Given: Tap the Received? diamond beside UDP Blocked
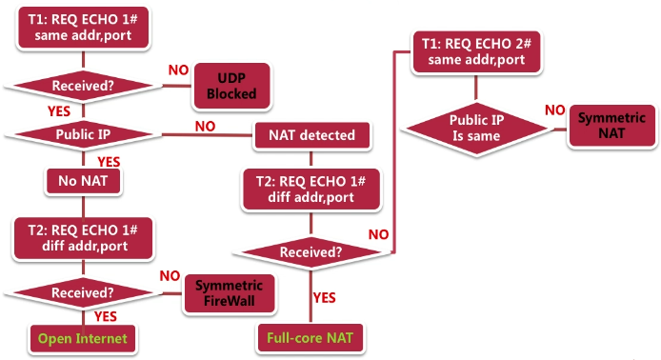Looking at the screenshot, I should tap(83, 86).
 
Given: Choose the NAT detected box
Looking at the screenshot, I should tap(310, 134).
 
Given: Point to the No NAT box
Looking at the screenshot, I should tap(83, 180).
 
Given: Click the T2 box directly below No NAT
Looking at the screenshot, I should tap(83, 235).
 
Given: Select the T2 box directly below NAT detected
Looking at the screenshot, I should tap(310, 190).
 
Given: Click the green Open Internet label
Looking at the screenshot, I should tap(83, 337).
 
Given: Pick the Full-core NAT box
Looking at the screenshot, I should tap(310, 336).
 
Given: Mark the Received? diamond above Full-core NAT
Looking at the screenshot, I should tap(310, 252).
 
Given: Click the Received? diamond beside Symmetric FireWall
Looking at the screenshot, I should tap(83, 292).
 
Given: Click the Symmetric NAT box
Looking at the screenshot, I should tap(611, 127).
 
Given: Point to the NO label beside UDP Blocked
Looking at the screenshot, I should tap(178, 70).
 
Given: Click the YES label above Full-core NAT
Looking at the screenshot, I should tap(326, 297).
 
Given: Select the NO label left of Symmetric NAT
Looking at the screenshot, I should tap(553, 110).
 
